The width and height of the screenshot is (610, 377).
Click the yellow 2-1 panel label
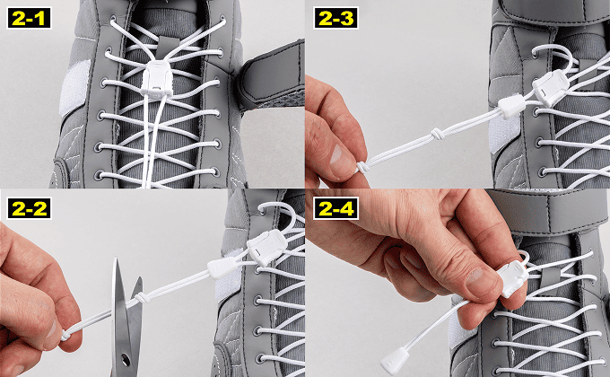29,18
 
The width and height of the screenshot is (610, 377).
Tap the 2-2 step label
29,208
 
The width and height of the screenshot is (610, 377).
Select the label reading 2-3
336,18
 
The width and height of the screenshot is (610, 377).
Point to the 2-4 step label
336,208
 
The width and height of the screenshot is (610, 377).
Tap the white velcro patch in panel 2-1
74,88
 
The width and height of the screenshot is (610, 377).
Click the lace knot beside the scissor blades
142,298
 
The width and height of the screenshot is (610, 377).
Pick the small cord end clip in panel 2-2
222,268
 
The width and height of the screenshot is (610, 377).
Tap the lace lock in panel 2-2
266,248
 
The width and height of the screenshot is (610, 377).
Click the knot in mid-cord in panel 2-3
437,135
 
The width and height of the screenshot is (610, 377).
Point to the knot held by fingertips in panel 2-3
362,167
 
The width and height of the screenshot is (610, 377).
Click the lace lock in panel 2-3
552,88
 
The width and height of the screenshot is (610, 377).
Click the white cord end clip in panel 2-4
396,360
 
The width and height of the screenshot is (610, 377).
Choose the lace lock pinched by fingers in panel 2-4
513,279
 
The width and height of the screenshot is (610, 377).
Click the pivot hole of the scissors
126,357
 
